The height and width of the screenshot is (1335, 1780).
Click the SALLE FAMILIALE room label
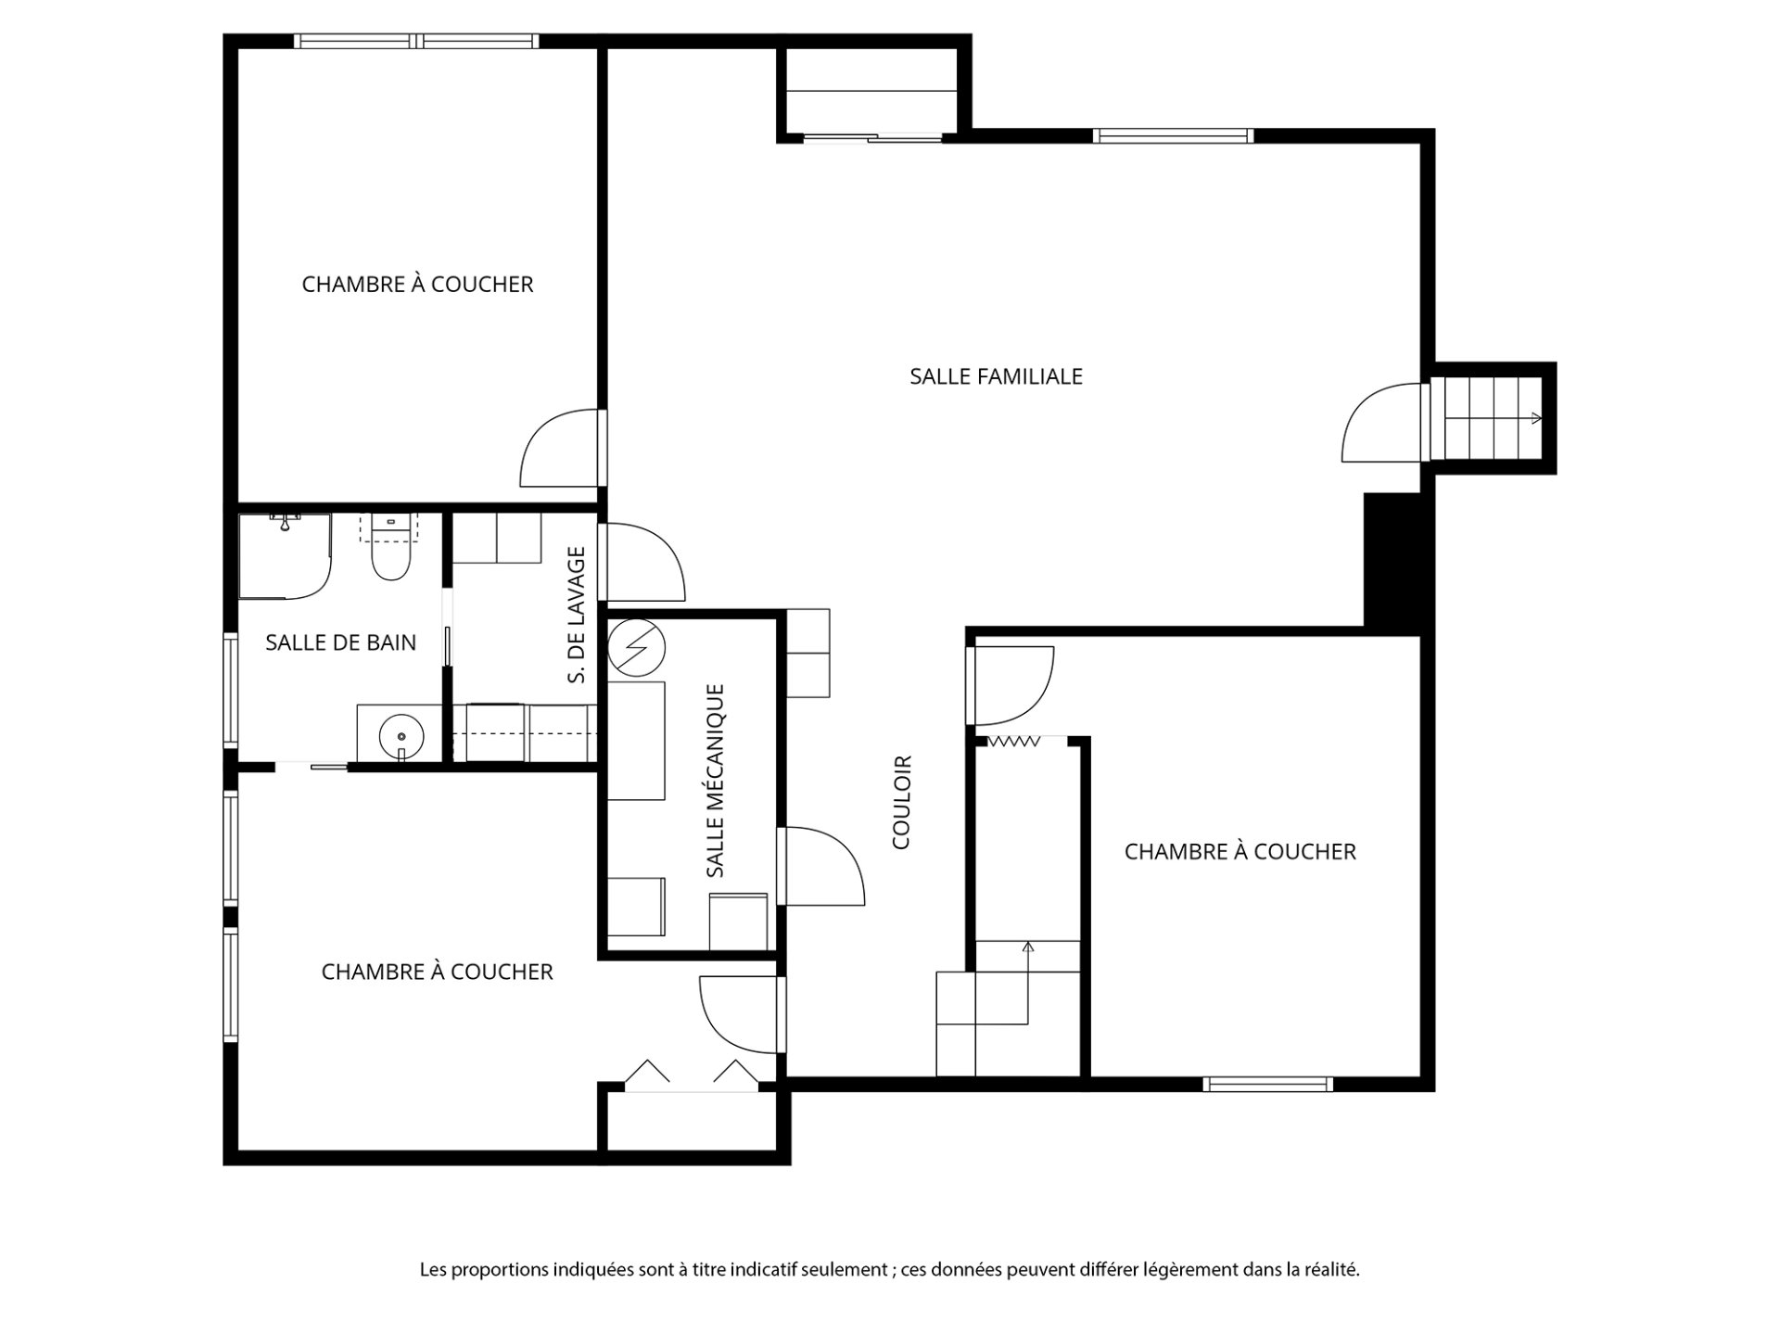(996, 376)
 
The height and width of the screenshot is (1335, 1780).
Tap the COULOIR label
(902, 802)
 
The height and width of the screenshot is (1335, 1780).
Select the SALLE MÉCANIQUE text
(715, 781)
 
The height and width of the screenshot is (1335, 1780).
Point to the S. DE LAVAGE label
(577, 615)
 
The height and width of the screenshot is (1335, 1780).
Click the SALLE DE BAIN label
(340, 642)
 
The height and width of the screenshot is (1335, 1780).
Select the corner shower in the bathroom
(285, 555)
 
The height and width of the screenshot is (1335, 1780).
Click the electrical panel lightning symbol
(637, 645)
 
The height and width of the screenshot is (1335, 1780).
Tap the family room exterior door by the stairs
(1381, 422)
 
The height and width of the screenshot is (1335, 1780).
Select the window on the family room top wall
(1173, 135)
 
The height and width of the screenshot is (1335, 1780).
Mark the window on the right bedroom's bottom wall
(1268, 1084)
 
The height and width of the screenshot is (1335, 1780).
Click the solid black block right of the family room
(1392, 564)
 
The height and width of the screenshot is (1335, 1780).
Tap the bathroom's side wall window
(231, 690)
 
